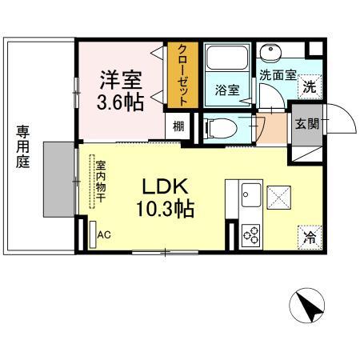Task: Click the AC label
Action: click(103, 235)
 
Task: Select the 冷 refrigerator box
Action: click(309, 236)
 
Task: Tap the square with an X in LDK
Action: click(279, 194)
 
